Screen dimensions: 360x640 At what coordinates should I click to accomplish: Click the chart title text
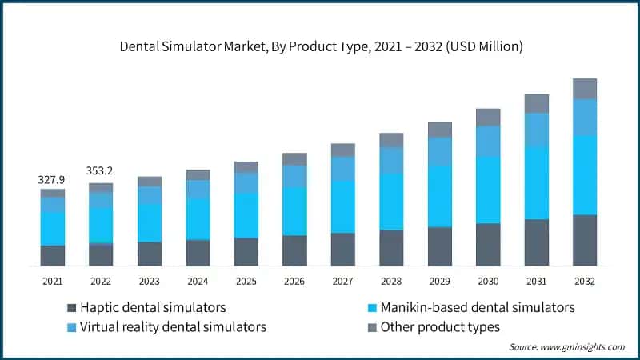click(321, 47)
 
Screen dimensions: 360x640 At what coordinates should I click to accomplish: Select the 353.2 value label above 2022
click(101, 171)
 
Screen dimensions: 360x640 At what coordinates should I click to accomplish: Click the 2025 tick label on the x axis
click(246, 281)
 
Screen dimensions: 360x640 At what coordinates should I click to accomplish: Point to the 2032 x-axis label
click(585, 281)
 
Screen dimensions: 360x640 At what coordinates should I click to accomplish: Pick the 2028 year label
click(391, 281)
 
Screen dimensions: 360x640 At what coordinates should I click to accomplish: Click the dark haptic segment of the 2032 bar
click(585, 240)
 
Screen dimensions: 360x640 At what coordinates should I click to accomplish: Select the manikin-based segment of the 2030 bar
click(488, 190)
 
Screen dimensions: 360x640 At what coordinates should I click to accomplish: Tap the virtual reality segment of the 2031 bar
click(537, 130)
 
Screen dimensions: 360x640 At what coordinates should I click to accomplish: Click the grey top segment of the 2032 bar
click(585, 89)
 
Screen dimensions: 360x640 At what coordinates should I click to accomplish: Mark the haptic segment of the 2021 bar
click(53, 255)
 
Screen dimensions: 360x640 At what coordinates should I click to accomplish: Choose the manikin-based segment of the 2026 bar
click(294, 211)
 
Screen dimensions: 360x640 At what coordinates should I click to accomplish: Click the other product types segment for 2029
click(440, 130)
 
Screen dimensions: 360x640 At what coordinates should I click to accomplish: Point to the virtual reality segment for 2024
click(198, 189)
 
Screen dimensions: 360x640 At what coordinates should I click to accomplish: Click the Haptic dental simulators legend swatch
click(72, 308)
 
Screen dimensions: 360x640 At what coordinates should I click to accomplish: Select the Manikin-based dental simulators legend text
click(477, 308)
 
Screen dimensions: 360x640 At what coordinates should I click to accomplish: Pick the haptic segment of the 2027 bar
click(342, 250)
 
